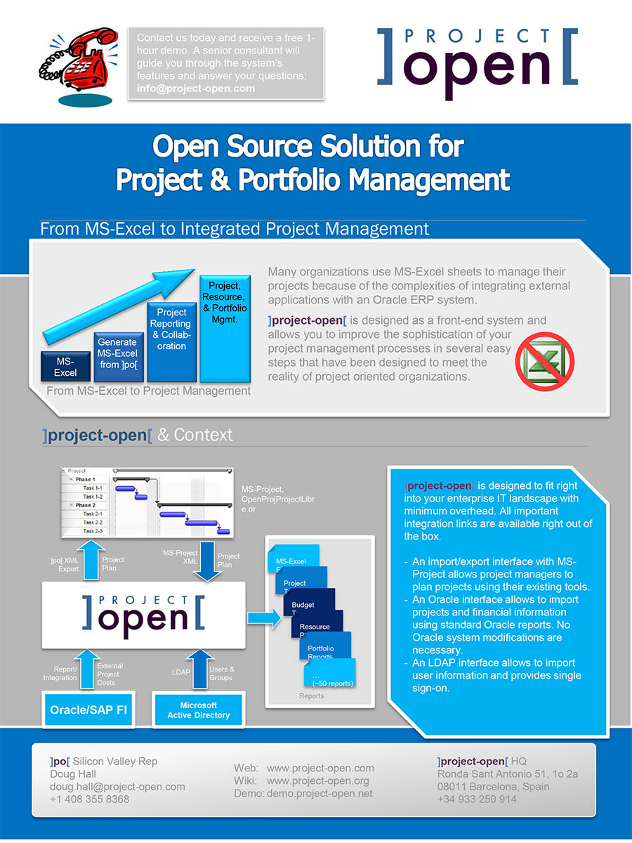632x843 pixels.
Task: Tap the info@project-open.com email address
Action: coord(196,89)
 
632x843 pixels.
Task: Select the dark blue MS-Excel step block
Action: coord(65,366)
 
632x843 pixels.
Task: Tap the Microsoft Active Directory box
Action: coord(198,710)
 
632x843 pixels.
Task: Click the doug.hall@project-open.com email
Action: coord(117,786)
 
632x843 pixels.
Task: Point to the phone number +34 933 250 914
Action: coord(476,799)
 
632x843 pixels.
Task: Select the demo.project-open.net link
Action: coord(320,793)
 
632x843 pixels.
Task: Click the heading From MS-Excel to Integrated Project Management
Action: coord(235,229)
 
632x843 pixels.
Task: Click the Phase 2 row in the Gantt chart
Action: coord(84,505)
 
